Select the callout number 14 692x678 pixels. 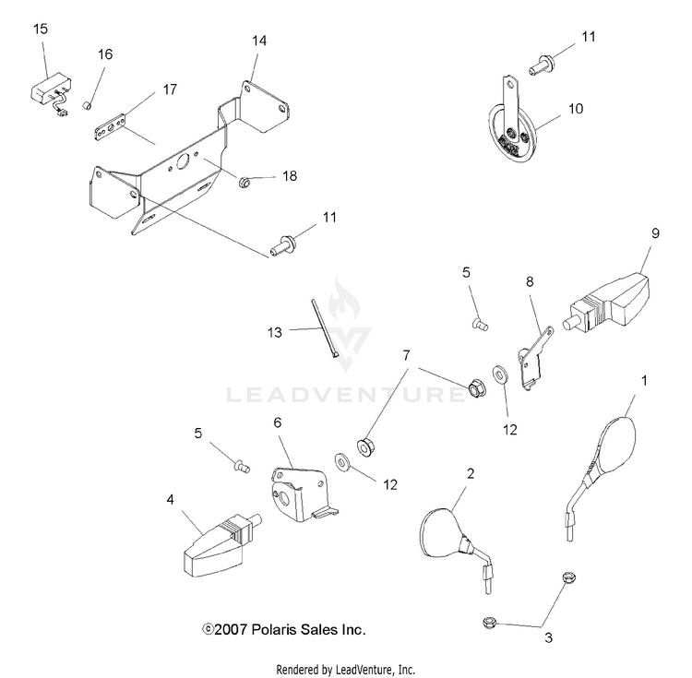pos(259,41)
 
